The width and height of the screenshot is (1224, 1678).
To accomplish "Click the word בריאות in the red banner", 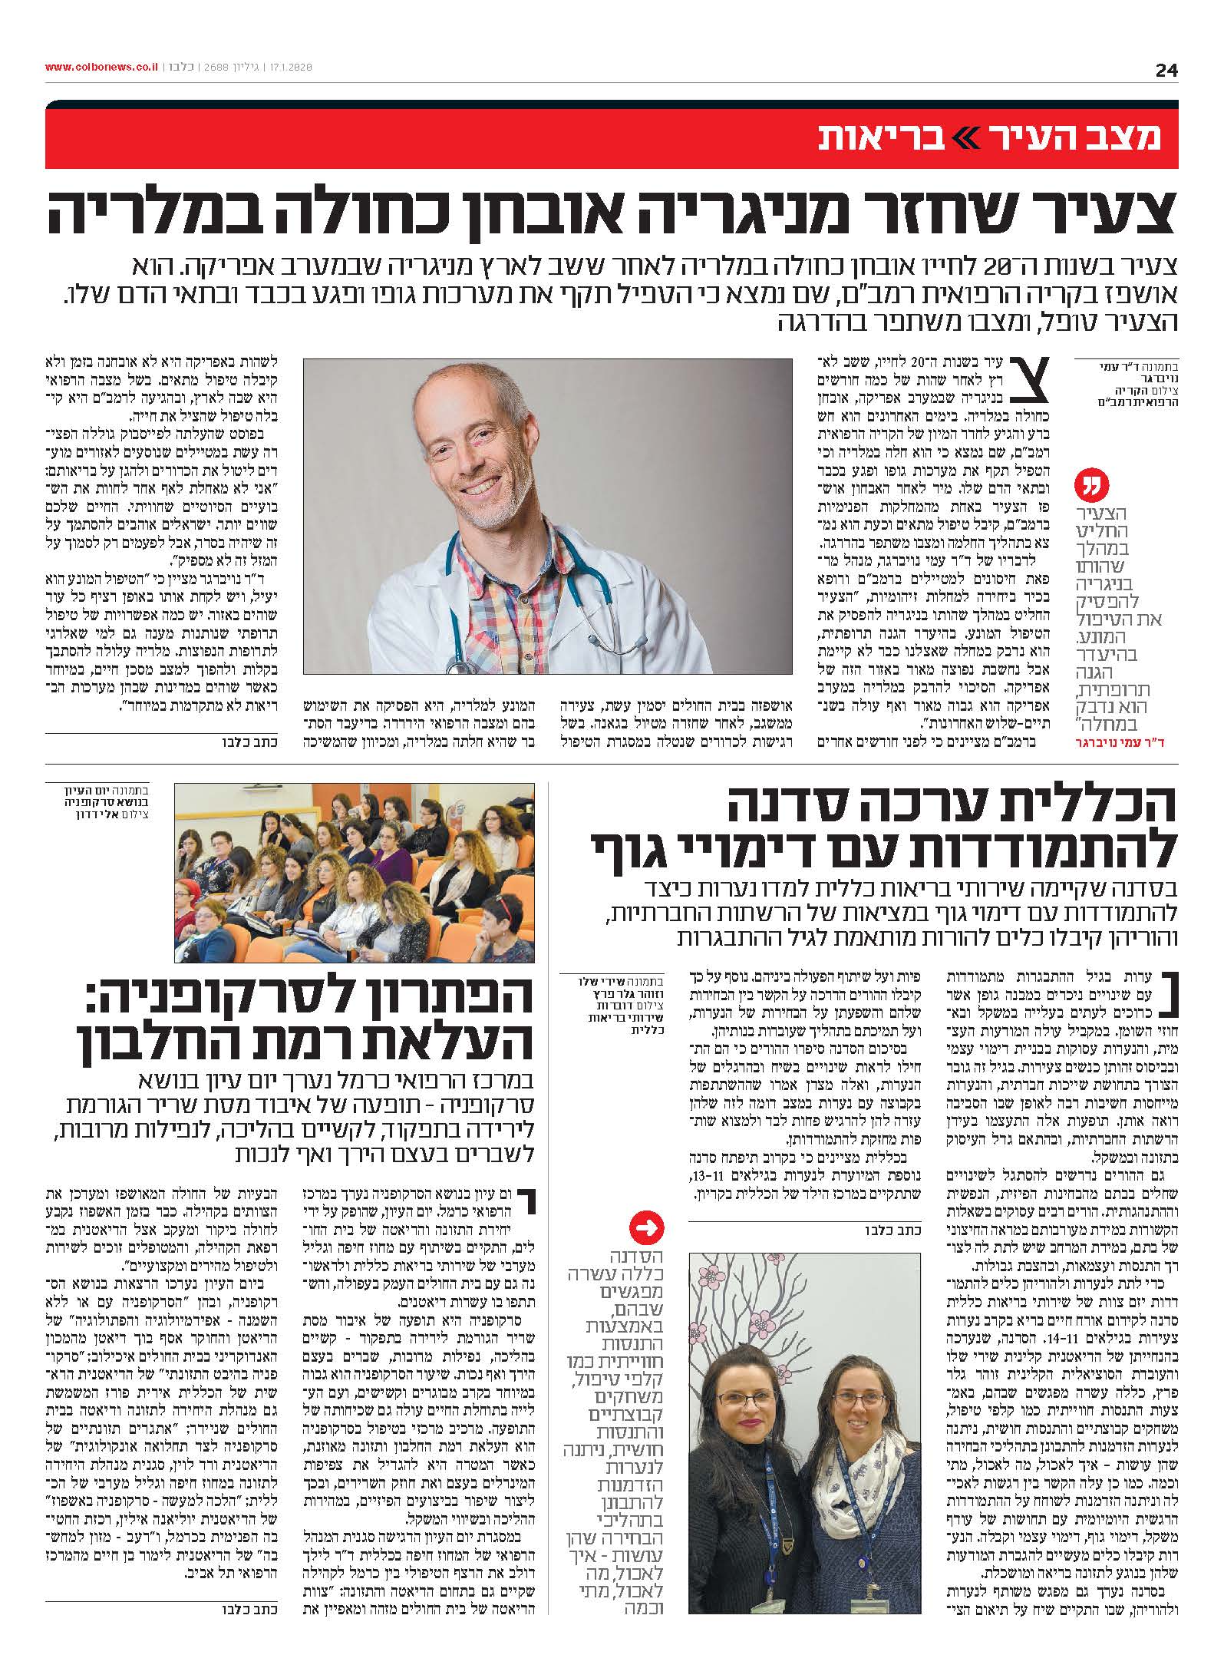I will tap(872, 136).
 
